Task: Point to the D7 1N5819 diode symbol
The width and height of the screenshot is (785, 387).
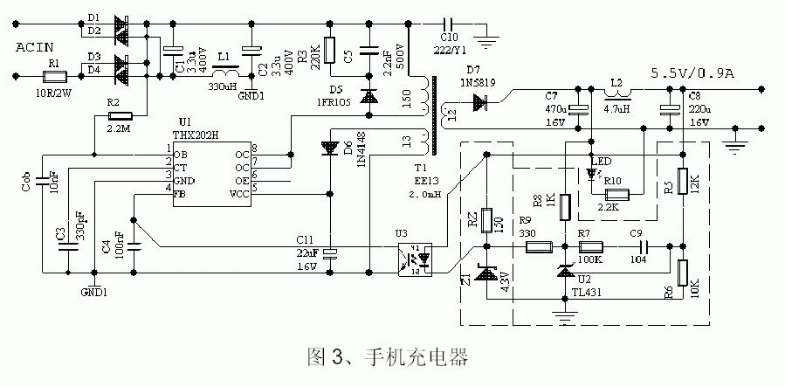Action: pyautogui.click(x=478, y=104)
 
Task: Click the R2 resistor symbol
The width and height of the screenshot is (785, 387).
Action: pyautogui.click(x=120, y=115)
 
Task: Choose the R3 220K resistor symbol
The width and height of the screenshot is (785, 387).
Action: pyautogui.click(x=328, y=51)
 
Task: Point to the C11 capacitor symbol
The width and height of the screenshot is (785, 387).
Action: pyautogui.click(x=330, y=253)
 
